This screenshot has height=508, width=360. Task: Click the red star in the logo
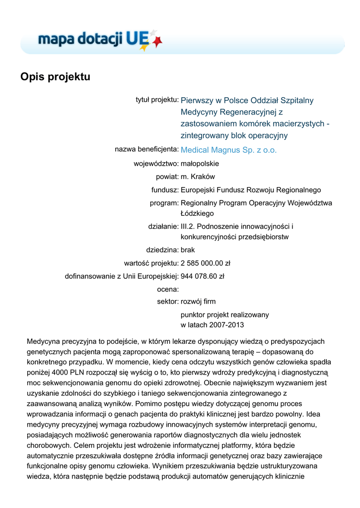[x=157, y=43]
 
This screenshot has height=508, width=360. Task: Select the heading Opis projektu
[x=55, y=77]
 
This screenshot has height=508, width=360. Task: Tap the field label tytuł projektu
[x=157, y=100]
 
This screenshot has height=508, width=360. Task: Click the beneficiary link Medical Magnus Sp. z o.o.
[x=228, y=150]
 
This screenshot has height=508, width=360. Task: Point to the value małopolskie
[x=200, y=163]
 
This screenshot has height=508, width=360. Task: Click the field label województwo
[x=156, y=163]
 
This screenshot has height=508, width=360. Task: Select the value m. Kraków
[x=198, y=176]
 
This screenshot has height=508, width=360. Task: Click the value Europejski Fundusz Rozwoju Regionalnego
[x=251, y=190]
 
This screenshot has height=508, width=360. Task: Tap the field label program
[x=164, y=203]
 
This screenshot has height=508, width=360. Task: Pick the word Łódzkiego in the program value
[x=197, y=213]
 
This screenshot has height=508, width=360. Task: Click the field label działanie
[x=163, y=226]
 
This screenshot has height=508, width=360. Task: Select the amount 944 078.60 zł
[x=203, y=276]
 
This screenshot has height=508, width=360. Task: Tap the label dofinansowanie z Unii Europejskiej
[x=122, y=276]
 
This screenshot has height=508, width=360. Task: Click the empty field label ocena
[x=167, y=289]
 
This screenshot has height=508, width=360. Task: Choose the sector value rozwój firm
[x=198, y=301]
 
